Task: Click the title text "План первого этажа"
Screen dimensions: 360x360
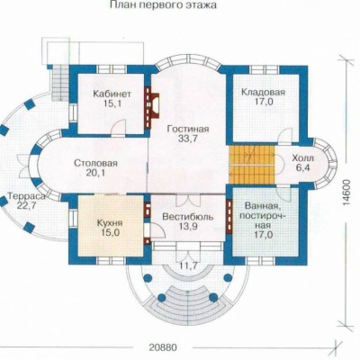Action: click(x=164, y=5)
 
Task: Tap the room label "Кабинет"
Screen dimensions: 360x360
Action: click(x=112, y=94)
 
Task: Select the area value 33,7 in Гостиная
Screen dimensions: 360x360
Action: click(x=188, y=139)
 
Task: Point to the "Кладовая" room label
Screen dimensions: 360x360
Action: click(x=263, y=92)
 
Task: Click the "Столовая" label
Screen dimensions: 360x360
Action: click(x=95, y=164)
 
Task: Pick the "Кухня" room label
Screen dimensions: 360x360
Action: click(x=110, y=223)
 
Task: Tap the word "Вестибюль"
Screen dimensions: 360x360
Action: click(x=188, y=217)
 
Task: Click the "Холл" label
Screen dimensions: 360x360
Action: click(x=303, y=158)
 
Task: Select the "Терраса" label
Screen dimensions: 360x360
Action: click(x=27, y=196)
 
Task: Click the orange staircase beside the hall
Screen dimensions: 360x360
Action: click(x=252, y=165)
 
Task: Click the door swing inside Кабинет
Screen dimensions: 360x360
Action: click(x=118, y=128)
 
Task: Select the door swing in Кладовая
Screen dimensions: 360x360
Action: click(x=285, y=136)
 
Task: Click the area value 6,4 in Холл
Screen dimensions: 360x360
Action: click(x=303, y=167)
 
